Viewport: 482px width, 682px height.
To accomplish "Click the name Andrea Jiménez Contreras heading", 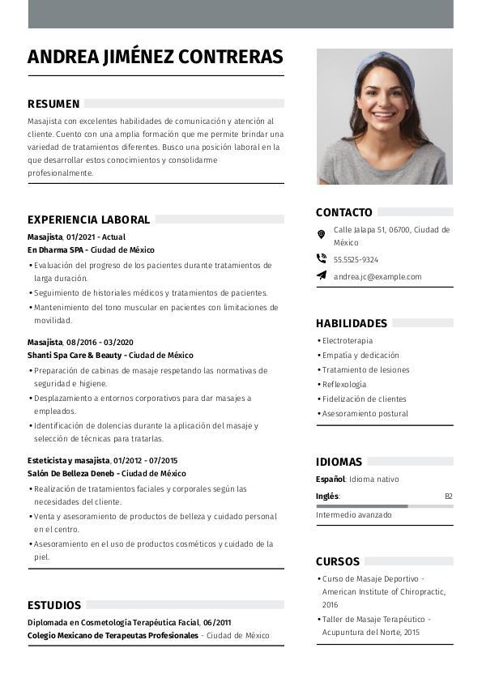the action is (x=156, y=57).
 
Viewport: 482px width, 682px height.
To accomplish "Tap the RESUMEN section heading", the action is (x=53, y=104).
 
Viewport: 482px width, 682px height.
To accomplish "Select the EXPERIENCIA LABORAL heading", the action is (x=88, y=220).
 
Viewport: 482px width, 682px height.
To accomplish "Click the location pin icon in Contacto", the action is (x=322, y=234).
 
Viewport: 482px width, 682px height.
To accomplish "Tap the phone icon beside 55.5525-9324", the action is (x=322, y=259).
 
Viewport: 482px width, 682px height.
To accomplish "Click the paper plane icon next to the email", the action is (x=322, y=276).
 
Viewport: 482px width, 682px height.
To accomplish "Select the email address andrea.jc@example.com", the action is (x=377, y=277).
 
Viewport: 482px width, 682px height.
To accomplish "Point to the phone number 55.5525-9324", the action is (x=356, y=260).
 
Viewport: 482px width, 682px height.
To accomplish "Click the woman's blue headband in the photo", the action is (x=385, y=62).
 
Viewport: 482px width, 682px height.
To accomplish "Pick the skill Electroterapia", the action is (x=348, y=341).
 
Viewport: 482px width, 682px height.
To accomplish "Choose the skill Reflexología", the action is (x=344, y=385).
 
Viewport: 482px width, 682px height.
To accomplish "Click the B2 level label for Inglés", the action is (x=448, y=496).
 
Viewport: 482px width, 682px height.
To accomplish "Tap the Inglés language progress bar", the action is (x=384, y=506).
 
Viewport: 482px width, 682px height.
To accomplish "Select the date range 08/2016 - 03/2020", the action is (x=100, y=343).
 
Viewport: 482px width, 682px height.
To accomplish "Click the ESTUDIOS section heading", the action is (x=54, y=605).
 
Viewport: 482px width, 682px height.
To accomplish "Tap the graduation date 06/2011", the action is (x=217, y=623).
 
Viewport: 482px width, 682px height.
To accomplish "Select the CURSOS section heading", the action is (x=338, y=561).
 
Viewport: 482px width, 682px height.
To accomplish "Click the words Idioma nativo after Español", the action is (x=373, y=480).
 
